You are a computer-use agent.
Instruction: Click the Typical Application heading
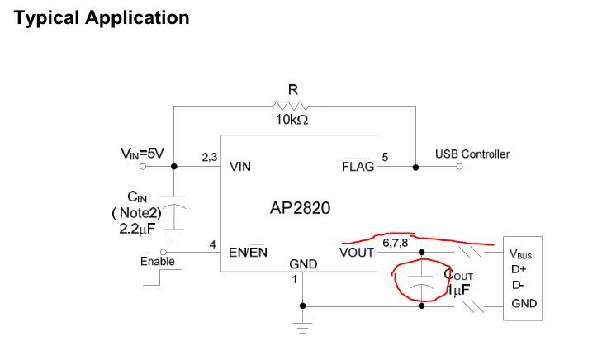102,17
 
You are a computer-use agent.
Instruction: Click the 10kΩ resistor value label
293,120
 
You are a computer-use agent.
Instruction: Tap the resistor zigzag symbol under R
293,105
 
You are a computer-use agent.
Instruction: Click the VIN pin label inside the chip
239,166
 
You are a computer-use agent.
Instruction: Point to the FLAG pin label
358,166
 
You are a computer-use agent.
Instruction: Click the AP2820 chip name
300,207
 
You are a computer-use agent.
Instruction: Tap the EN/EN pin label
248,252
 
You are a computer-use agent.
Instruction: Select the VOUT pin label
357,252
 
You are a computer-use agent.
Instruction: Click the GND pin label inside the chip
302,265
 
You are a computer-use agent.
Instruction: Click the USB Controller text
472,154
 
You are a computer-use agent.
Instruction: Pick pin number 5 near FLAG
386,156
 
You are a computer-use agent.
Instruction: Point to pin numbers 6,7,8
395,242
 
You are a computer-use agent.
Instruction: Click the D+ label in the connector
518,269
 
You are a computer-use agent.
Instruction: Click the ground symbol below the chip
302,328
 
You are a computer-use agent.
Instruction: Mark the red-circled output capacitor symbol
422,281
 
